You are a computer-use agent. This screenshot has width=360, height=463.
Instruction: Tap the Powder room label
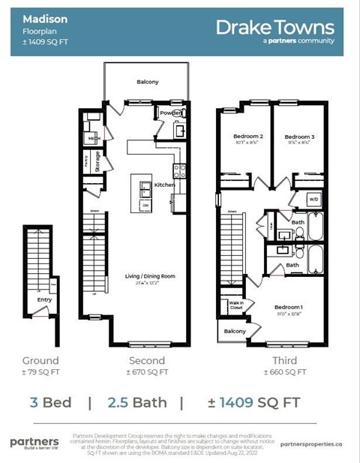coord(169,113)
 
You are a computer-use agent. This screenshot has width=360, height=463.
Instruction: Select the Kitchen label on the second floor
coord(164,185)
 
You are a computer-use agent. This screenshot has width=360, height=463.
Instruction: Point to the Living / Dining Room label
coord(150,276)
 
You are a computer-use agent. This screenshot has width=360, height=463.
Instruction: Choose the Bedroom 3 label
coord(298,137)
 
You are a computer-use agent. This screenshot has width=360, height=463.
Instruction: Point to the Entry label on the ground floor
coord(43,299)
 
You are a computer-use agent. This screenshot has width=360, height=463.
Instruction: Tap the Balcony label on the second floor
coord(147,82)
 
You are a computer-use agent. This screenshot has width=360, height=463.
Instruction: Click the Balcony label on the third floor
coord(234,331)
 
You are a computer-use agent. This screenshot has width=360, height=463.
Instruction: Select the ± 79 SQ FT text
coord(40,371)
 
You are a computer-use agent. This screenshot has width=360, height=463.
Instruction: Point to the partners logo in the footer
coord(34,442)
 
